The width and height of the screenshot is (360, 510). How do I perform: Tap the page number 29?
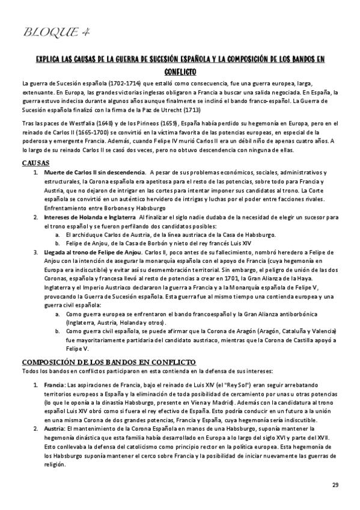pos(335,485)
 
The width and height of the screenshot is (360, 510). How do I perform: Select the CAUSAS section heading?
pos(35,163)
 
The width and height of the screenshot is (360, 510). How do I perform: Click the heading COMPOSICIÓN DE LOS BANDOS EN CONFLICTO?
pos(108,362)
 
